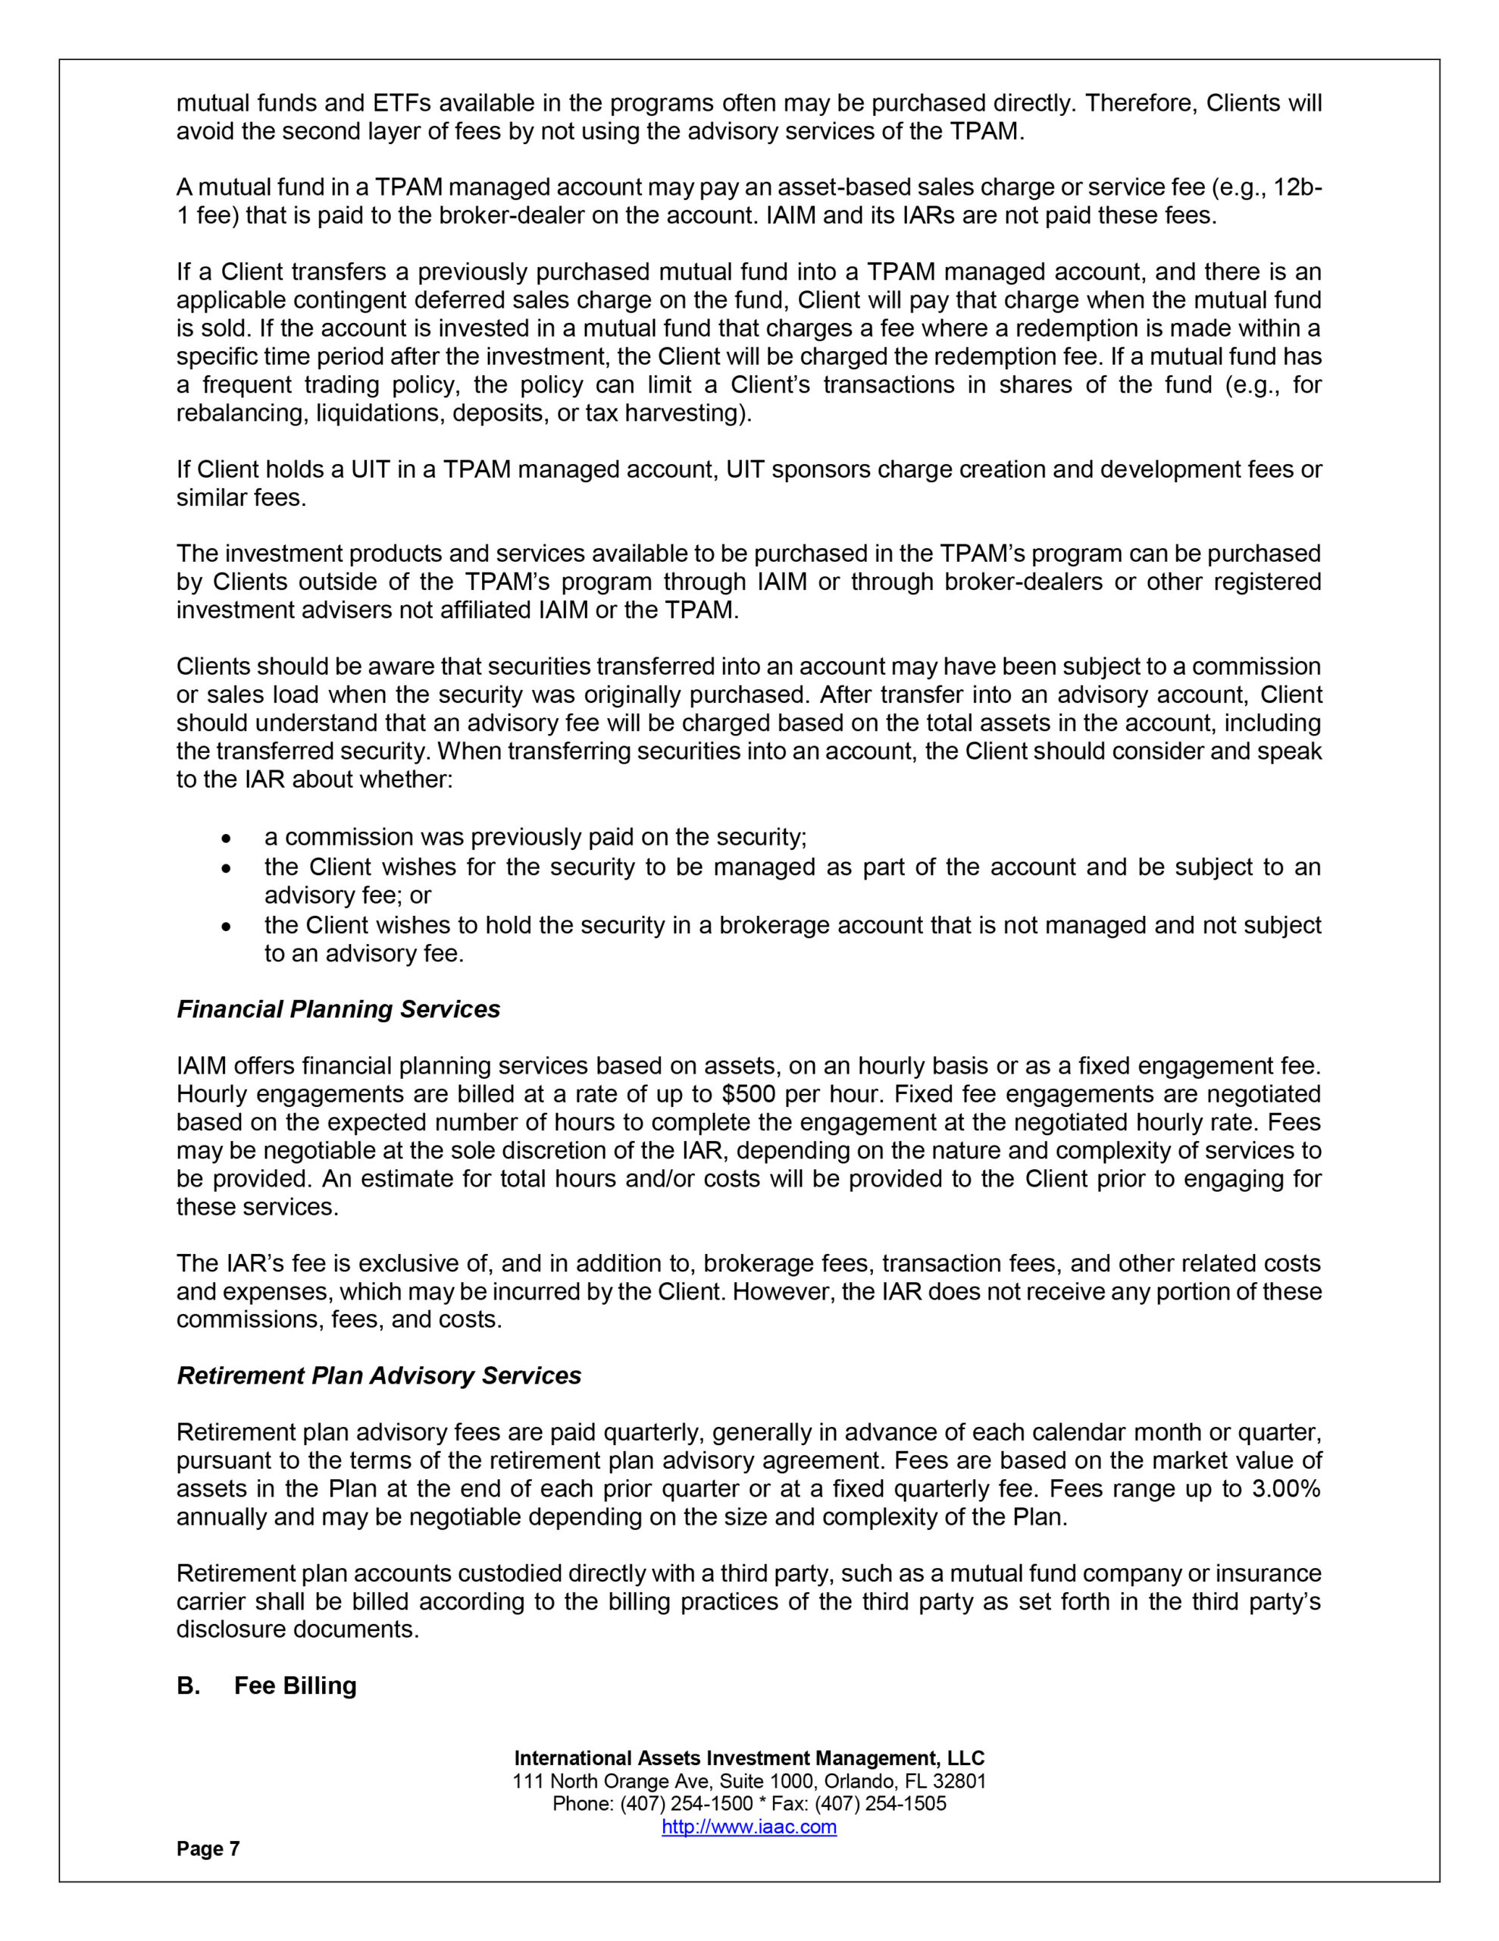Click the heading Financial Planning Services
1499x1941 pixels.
tap(338, 1010)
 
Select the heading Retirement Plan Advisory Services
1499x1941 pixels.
tap(378, 1376)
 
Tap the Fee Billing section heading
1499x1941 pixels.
tap(295, 1686)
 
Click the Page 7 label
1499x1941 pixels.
tap(208, 1848)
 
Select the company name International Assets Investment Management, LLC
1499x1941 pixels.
tap(749, 1758)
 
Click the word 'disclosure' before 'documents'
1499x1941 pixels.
tap(230, 1630)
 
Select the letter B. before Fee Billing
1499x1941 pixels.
tap(187, 1686)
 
